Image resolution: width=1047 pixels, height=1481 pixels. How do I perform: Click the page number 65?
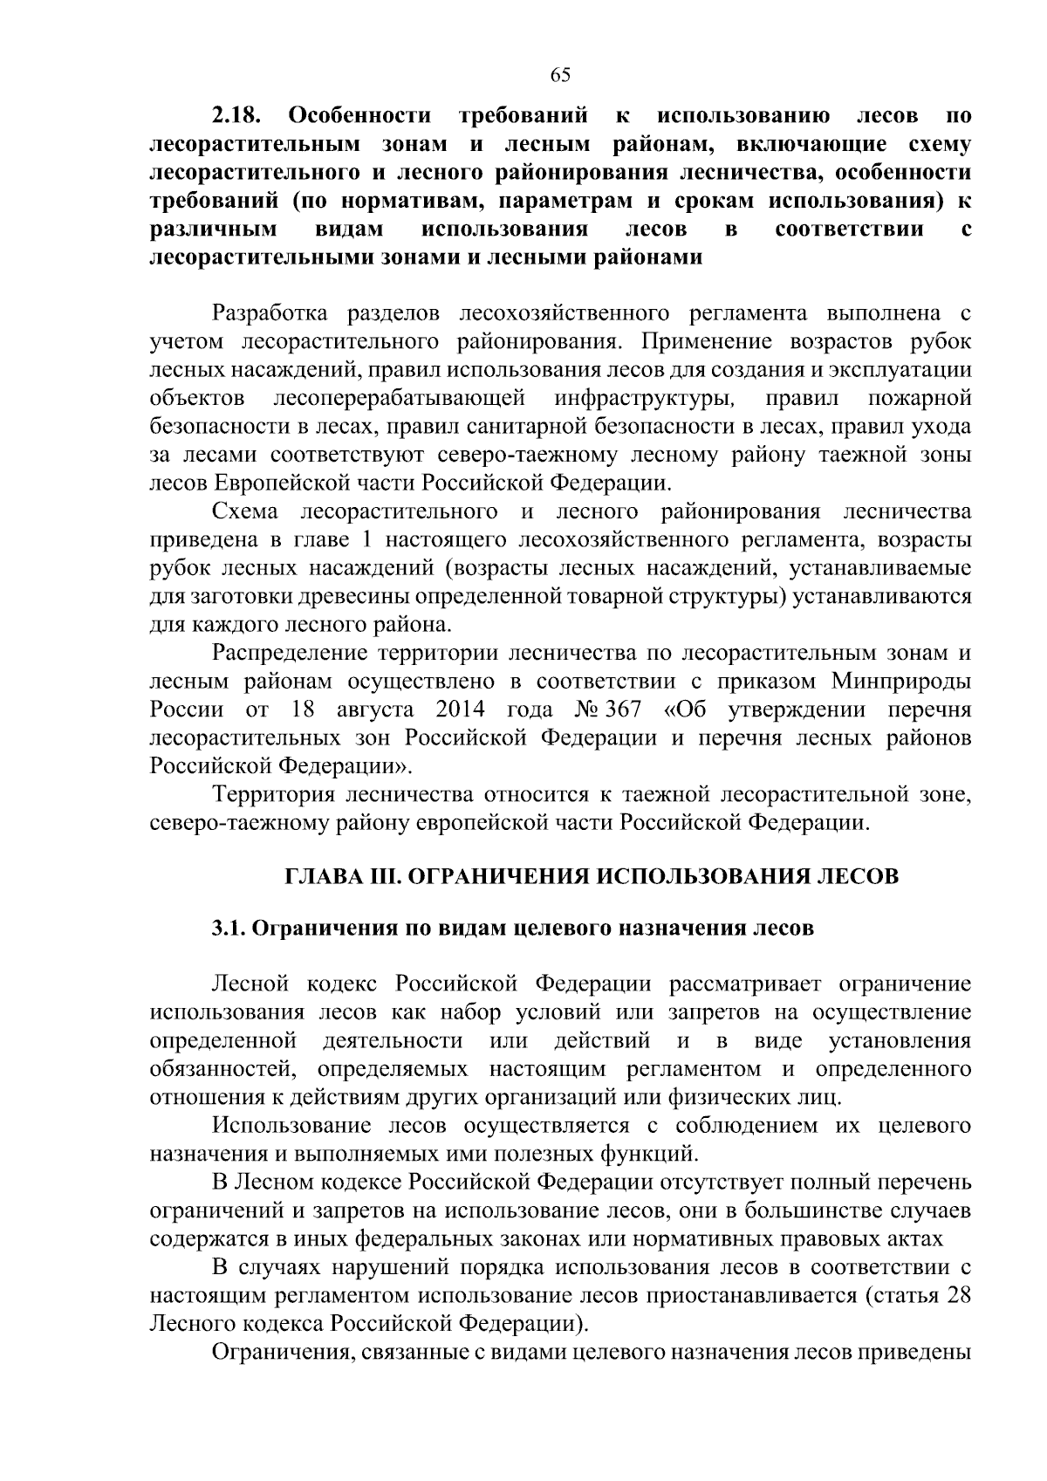coord(560,75)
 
